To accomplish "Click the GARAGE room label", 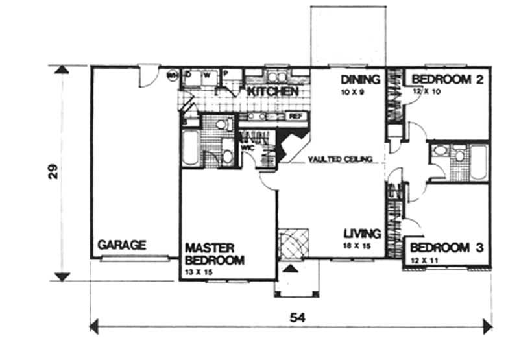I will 122,245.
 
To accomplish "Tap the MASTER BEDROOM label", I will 215,254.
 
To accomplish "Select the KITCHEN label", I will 272,91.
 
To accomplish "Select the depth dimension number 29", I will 55,171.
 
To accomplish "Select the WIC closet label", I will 247,147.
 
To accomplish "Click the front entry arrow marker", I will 291,267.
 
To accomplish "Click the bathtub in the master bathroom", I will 190,148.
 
